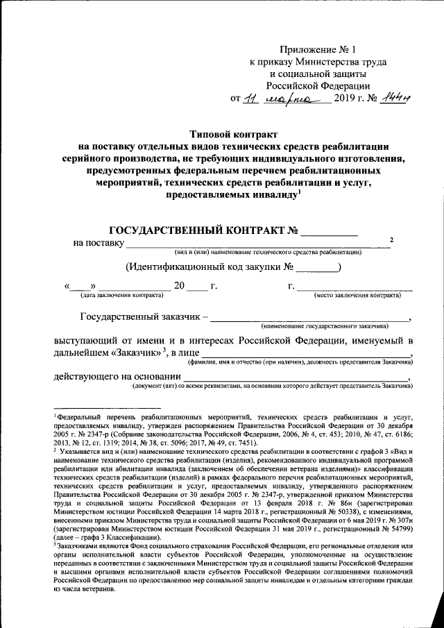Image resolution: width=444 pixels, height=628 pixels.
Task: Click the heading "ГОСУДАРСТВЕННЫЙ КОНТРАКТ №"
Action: pyautogui.click(x=206, y=230)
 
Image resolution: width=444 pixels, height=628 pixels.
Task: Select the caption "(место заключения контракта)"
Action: pyautogui.click(x=358, y=295)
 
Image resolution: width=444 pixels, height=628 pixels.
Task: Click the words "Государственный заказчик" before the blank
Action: pyautogui.click(x=139, y=319)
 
